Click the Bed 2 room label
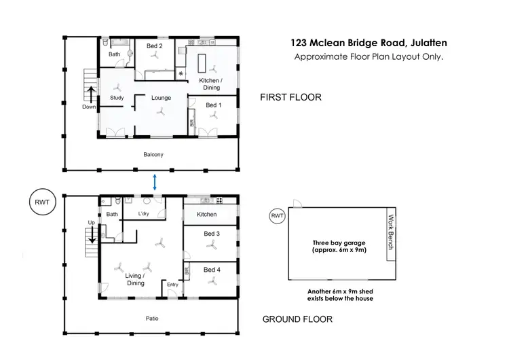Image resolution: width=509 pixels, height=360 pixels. (154, 46)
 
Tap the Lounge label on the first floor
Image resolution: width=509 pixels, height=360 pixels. (161, 98)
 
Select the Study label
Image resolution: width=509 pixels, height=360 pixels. (117, 98)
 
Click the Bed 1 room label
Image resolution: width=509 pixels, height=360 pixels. (213, 105)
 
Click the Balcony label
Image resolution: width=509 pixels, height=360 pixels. (153, 155)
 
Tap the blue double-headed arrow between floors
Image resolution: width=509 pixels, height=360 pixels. (155, 182)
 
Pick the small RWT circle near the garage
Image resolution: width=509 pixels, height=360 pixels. (277, 216)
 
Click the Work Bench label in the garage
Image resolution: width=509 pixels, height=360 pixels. (391, 232)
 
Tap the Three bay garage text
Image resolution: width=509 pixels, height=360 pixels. (330, 246)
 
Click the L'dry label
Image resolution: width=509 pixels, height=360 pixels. (144, 215)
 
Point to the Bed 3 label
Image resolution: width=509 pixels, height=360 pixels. (212, 234)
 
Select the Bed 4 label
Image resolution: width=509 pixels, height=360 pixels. (212, 270)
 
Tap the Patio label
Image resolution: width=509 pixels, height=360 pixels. (152, 317)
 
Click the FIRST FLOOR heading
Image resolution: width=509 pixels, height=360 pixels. (290, 98)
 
